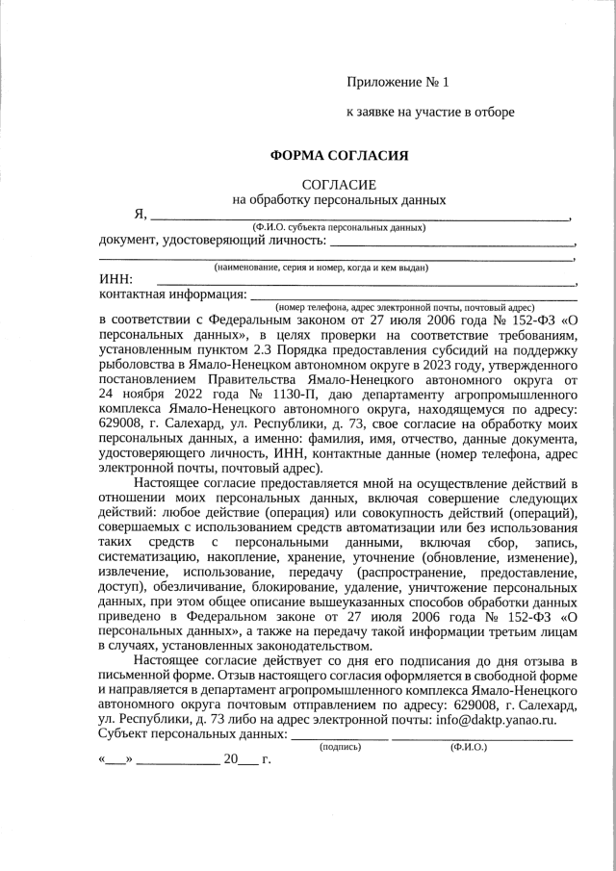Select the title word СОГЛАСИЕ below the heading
click(339, 184)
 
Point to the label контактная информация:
click(172, 294)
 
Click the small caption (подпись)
click(340, 746)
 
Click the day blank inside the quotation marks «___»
click(115, 759)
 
